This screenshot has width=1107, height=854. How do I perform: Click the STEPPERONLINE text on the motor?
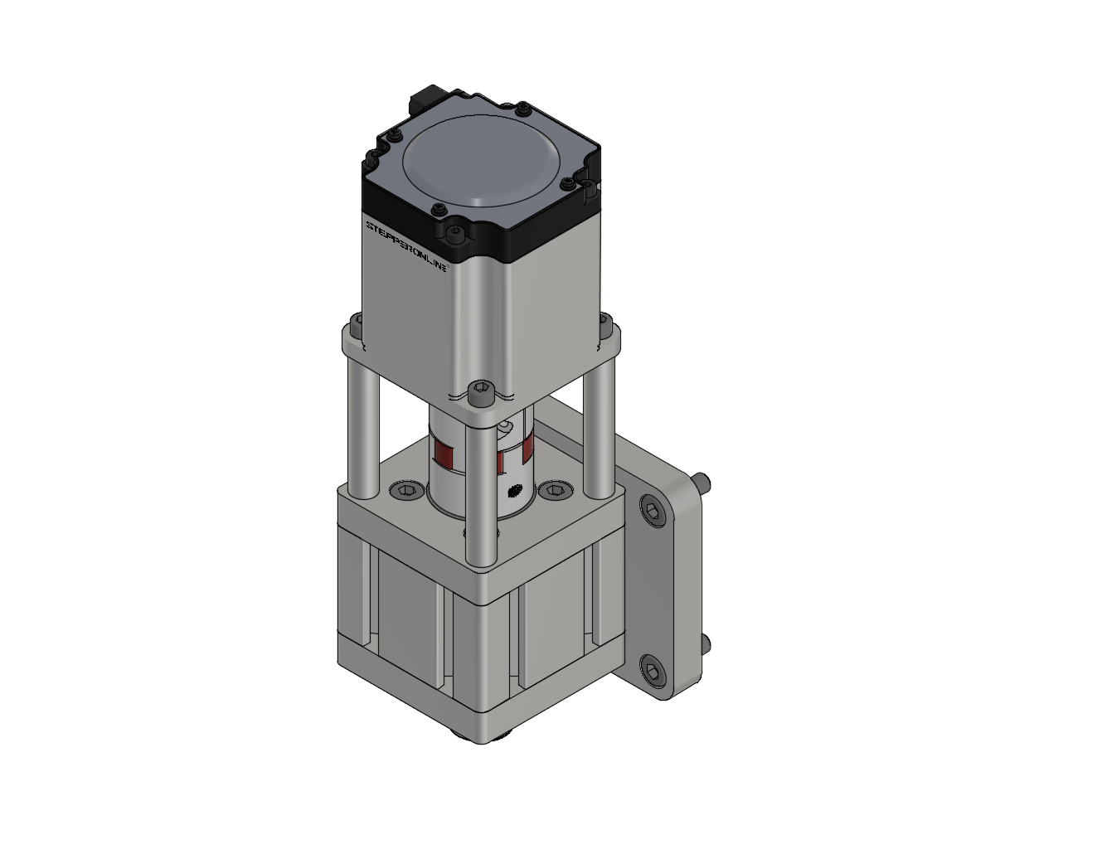coord(407,246)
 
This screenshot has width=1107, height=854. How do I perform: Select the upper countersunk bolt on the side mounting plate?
coord(652,510)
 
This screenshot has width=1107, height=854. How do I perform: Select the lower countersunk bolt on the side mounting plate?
coord(652,670)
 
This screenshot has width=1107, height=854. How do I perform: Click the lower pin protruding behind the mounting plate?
coord(706,643)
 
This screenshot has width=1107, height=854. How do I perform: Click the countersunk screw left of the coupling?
coord(405,492)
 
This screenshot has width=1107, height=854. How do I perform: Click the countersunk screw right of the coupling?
coord(553,492)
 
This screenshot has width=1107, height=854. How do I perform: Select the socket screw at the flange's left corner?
coord(357,323)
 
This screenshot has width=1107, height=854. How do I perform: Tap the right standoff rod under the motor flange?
coord(598,423)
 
